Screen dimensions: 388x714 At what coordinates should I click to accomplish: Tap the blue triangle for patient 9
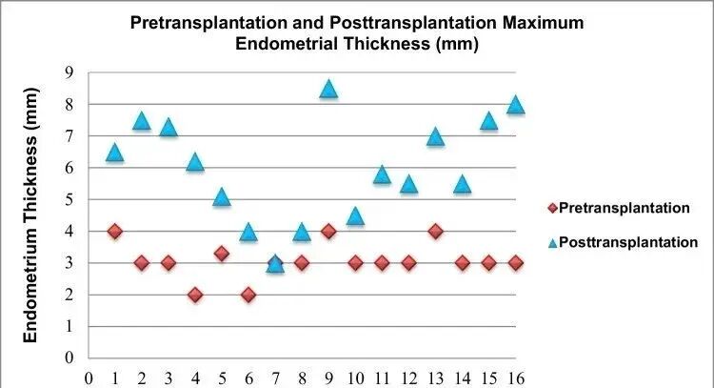(x=328, y=89)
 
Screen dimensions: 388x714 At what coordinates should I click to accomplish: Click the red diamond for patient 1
(x=115, y=231)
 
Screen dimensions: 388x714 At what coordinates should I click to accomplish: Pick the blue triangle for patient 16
(x=515, y=105)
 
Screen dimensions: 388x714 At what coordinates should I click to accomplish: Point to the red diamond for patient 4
(x=195, y=295)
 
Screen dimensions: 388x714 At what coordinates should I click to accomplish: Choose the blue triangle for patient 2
(x=142, y=120)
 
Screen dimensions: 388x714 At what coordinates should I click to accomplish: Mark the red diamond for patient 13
(x=435, y=231)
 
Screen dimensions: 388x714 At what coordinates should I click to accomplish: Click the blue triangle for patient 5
(x=222, y=196)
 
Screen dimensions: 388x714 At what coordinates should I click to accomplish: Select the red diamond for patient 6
(x=248, y=295)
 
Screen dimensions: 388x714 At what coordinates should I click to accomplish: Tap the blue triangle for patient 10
(x=355, y=215)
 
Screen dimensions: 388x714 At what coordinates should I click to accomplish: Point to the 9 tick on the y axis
(x=69, y=72)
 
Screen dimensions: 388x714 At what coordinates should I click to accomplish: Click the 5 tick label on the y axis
(x=69, y=199)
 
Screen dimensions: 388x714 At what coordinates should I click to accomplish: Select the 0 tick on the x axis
(x=89, y=377)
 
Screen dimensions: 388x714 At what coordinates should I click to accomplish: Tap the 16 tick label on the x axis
(x=515, y=377)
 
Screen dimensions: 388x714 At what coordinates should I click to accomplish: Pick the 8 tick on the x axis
(x=302, y=377)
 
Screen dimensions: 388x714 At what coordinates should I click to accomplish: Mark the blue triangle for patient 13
(x=435, y=136)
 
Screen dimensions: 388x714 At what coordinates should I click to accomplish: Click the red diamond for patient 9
(x=328, y=231)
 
